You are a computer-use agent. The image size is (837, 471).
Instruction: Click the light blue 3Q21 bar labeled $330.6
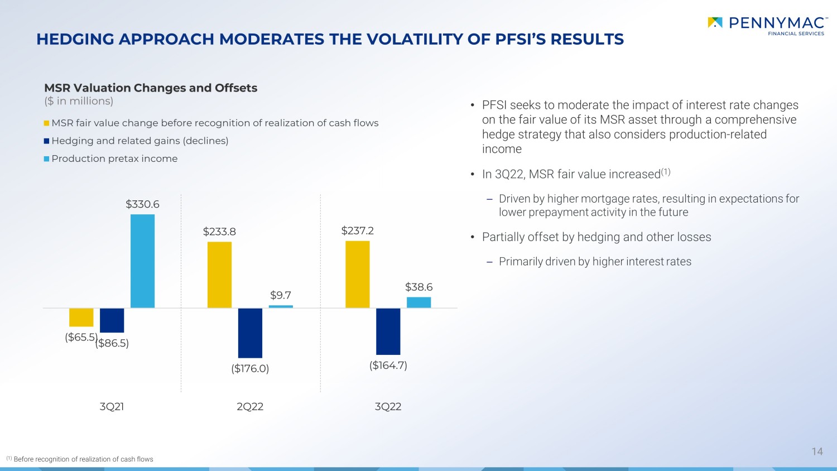pos(142,261)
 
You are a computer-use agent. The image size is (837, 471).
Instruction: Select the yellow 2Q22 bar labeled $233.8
pos(219,275)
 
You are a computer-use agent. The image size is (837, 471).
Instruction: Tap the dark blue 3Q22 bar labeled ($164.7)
pos(388,331)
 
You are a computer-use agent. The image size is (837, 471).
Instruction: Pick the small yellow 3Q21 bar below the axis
pos(81,318)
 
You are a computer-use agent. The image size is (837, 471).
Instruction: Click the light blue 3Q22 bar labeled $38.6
pos(419,302)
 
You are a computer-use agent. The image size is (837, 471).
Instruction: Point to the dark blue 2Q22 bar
pos(250,333)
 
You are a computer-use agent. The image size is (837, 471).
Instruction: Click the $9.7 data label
pos(281,295)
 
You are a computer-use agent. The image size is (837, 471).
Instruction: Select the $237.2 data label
pos(357,230)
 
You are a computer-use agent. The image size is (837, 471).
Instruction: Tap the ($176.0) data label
pos(250,368)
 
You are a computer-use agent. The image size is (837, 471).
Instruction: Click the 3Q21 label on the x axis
pos(112,406)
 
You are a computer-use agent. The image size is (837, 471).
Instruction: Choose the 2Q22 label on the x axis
pos(250,406)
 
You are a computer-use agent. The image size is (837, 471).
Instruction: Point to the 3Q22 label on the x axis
pos(388,406)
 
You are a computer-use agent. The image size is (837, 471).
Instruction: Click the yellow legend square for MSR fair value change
pos(46,123)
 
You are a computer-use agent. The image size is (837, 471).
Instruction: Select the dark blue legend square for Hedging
pos(46,141)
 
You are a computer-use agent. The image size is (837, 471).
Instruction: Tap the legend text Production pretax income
pos(114,158)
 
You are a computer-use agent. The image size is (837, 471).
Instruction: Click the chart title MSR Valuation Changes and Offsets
pos(151,88)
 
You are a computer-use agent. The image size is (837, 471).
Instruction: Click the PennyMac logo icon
pos(715,22)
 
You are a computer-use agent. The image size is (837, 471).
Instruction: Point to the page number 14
pos(817,451)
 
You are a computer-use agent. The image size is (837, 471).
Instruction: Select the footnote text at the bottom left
pos(80,459)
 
